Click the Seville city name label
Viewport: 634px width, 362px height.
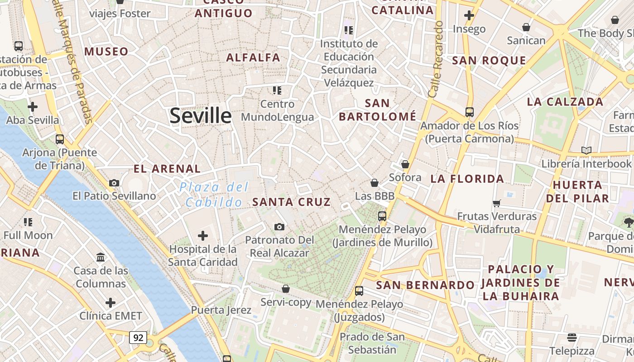(201, 116)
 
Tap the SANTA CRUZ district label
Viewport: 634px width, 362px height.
(291, 202)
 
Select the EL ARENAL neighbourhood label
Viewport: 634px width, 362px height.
(167, 169)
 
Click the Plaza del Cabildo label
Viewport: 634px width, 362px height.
(214, 195)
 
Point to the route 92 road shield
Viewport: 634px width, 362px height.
(138, 337)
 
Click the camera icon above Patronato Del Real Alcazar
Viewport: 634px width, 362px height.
(279, 226)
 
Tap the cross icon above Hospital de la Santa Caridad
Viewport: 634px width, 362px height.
(203, 235)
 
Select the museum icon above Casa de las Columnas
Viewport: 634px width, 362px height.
(101, 257)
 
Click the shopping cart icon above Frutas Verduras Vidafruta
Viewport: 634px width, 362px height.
(497, 203)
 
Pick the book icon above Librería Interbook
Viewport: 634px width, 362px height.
(586, 150)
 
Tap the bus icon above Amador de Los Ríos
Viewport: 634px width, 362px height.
(470, 112)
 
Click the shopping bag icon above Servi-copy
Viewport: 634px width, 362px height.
(286, 289)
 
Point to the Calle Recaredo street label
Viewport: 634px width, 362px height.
(436, 59)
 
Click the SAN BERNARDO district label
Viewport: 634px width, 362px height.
(425, 285)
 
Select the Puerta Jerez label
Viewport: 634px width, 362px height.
(221, 310)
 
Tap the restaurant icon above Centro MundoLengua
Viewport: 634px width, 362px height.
(277, 90)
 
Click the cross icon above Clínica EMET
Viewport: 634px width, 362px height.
(110, 302)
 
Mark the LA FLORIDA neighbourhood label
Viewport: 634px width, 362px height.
(467, 179)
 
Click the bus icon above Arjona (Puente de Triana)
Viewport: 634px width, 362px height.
(60, 139)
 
